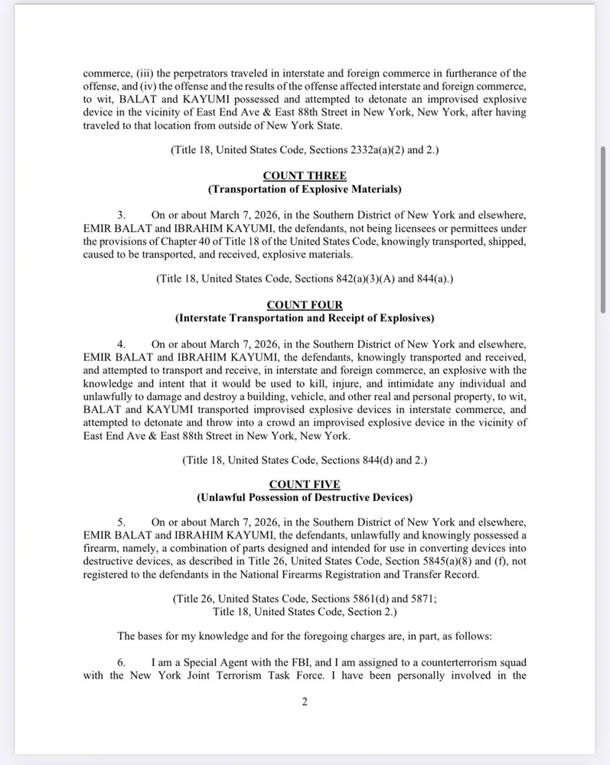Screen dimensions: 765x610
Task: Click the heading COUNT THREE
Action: pyautogui.click(x=305, y=176)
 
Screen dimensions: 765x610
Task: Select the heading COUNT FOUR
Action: pyautogui.click(x=305, y=305)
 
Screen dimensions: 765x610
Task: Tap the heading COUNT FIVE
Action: pyautogui.click(x=305, y=485)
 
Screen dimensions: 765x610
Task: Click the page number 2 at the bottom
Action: pyautogui.click(x=305, y=703)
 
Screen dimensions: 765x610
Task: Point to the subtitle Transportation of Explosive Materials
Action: pyautogui.click(x=305, y=189)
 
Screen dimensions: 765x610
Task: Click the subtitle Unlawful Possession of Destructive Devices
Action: pyautogui.click(x=305, y=498)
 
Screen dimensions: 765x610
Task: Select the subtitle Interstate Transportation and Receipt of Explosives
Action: pyautogui.click(x=305, y=318)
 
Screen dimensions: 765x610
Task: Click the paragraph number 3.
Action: pyautogui.click(x=121, y=216)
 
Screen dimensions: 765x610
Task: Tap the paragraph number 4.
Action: pyautogui.click(x=121, y=345)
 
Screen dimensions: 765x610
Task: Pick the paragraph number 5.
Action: pyautogui.click(x=121, y=524)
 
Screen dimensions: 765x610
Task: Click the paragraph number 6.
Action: pyautogui.click(x=121, y=662)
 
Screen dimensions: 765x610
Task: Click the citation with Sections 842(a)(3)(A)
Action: pyautogui.click(x=305, y=280)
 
